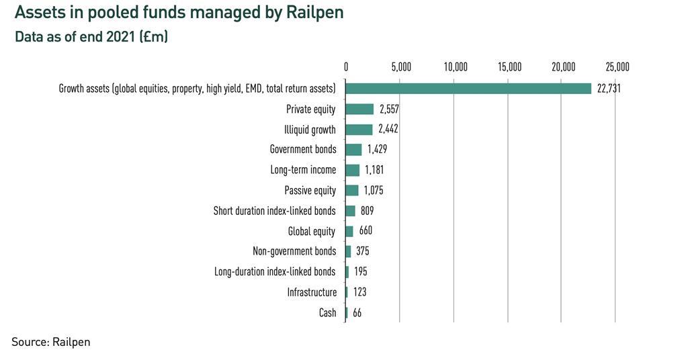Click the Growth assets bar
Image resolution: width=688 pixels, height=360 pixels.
(x=468, y=89)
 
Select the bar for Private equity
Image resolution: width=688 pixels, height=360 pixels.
(x=359, y=109)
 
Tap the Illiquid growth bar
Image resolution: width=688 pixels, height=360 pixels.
(x=359, y=130)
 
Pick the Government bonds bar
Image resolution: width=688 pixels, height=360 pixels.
(x=353, y=150)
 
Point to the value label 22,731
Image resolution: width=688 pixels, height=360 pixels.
(x=608, y=89)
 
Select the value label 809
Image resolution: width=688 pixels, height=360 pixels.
(x=367, y=211)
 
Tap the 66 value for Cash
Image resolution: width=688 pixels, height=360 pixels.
(x=357, y=312)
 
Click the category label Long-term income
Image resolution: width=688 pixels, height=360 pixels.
(x=303, y=170)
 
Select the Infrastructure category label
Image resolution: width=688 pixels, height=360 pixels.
(x=312, y=292)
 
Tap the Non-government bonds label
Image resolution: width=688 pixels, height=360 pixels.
(x=294, y=251)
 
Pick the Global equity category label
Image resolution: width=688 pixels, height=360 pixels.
(x=311, y=231)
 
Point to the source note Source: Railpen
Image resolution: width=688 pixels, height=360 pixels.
(x=50, y=342)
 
